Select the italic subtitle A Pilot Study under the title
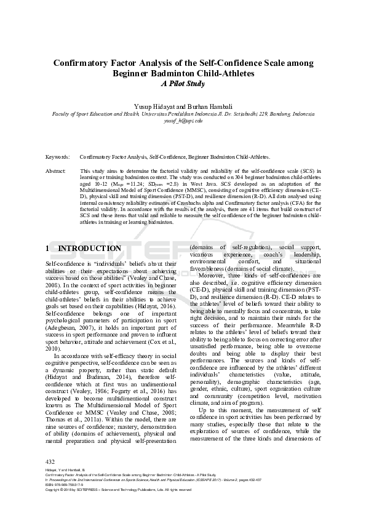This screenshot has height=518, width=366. [x=183, y=84]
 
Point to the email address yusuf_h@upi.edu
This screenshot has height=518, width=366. [x=183, y=121]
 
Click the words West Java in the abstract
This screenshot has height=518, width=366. [x=197, y=184]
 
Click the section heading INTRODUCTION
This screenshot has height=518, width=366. [x=90, y=249]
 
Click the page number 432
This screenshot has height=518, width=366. [x=50, y=461]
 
